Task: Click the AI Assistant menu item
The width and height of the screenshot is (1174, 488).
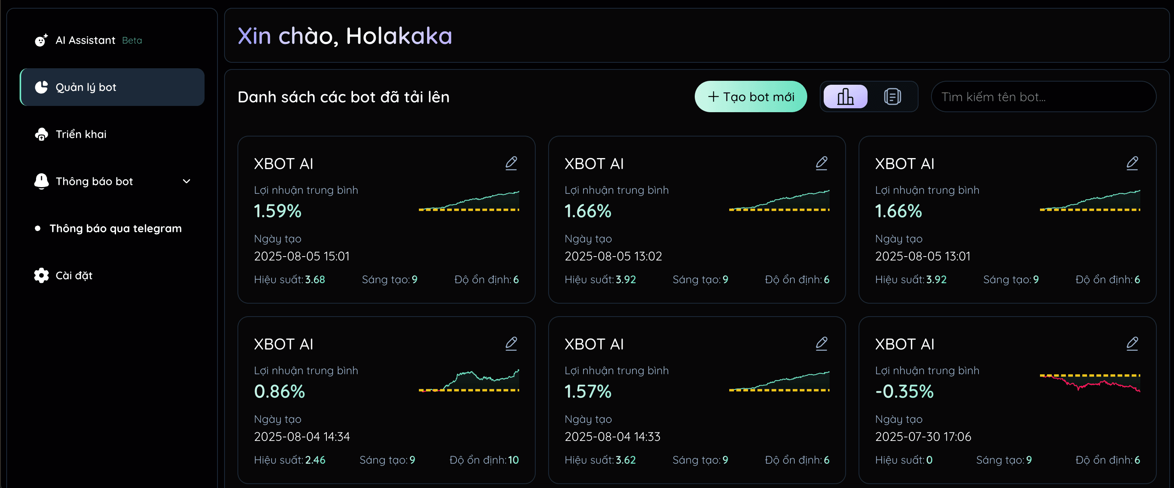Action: pos(85,40)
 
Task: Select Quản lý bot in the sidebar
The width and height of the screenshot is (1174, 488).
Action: pos(86,87)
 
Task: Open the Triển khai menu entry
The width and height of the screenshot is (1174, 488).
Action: pos(81,134)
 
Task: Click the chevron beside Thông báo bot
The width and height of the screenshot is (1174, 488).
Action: pos(187,181)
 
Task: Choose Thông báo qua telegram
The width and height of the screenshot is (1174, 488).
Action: pos(115,228)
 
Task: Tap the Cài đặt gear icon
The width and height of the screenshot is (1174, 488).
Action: pos(42,275)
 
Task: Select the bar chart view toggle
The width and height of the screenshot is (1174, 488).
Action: pos(845,97)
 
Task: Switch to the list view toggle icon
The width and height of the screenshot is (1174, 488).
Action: pos(892,97)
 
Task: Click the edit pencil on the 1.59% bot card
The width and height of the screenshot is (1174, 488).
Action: pos(511,163)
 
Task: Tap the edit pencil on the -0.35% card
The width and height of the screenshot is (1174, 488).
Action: pos(1132,343)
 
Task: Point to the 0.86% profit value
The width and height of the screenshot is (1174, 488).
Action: pos(279,391)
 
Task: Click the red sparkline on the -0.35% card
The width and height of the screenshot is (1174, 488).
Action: pos(1090,384)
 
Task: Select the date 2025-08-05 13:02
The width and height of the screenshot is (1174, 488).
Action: pos(613,256)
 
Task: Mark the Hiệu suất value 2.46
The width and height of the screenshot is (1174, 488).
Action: pos(315,460)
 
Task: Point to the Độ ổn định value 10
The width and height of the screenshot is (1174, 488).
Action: pos(513,460)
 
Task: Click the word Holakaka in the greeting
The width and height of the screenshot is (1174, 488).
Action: pos(399,36)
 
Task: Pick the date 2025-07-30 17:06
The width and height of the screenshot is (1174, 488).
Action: pos(923,437)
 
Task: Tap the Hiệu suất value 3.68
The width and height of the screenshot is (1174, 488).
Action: pos(315,280)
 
